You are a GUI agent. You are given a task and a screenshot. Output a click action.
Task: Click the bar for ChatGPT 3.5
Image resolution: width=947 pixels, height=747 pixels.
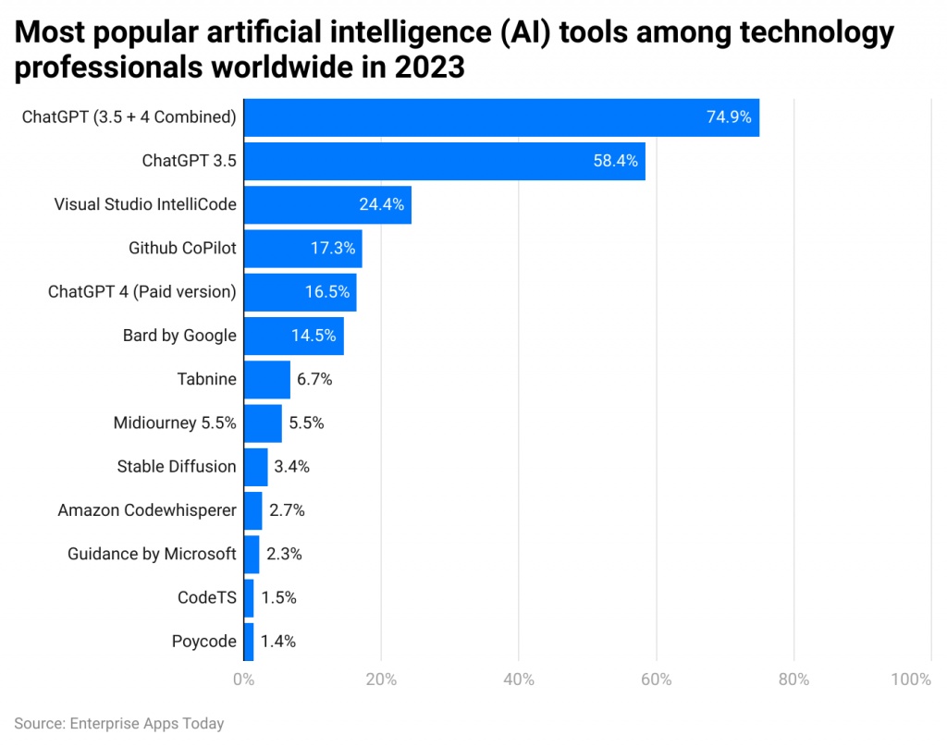444,161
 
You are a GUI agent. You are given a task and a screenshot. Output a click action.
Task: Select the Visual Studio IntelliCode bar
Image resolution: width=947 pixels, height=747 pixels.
327,205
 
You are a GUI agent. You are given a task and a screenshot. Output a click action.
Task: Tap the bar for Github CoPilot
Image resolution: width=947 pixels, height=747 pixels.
302,249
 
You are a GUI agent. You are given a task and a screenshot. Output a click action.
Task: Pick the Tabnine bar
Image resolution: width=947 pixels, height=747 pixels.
266,379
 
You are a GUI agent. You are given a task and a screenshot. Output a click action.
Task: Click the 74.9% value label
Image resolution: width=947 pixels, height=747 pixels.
729,117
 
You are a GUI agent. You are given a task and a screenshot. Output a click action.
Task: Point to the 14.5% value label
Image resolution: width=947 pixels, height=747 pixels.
314,336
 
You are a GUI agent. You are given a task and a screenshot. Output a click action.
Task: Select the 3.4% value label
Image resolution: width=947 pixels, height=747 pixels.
291,467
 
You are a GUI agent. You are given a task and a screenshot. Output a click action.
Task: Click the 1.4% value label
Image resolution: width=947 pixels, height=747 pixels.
277,642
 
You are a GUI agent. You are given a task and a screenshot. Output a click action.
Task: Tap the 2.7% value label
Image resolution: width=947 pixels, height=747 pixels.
286,510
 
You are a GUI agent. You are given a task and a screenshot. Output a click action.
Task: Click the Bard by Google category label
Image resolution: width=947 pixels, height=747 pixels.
179,336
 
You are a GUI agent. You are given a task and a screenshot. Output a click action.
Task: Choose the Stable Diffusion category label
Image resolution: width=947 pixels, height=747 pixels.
177,467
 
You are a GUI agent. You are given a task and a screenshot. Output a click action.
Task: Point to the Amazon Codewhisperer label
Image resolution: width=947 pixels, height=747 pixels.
147,510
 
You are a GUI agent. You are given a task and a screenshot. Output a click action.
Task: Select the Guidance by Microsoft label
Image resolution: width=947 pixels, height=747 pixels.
152,554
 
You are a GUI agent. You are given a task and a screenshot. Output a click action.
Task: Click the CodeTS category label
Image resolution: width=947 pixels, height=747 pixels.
207,598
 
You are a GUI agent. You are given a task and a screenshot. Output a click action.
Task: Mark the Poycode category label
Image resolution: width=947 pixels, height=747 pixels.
203,642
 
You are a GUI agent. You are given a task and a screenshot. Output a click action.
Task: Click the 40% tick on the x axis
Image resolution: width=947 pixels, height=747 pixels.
519,680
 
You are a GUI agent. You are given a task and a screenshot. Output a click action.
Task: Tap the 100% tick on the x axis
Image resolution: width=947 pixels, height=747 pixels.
911,680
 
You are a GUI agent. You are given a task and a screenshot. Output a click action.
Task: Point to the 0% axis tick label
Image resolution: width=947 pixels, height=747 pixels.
243,680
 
